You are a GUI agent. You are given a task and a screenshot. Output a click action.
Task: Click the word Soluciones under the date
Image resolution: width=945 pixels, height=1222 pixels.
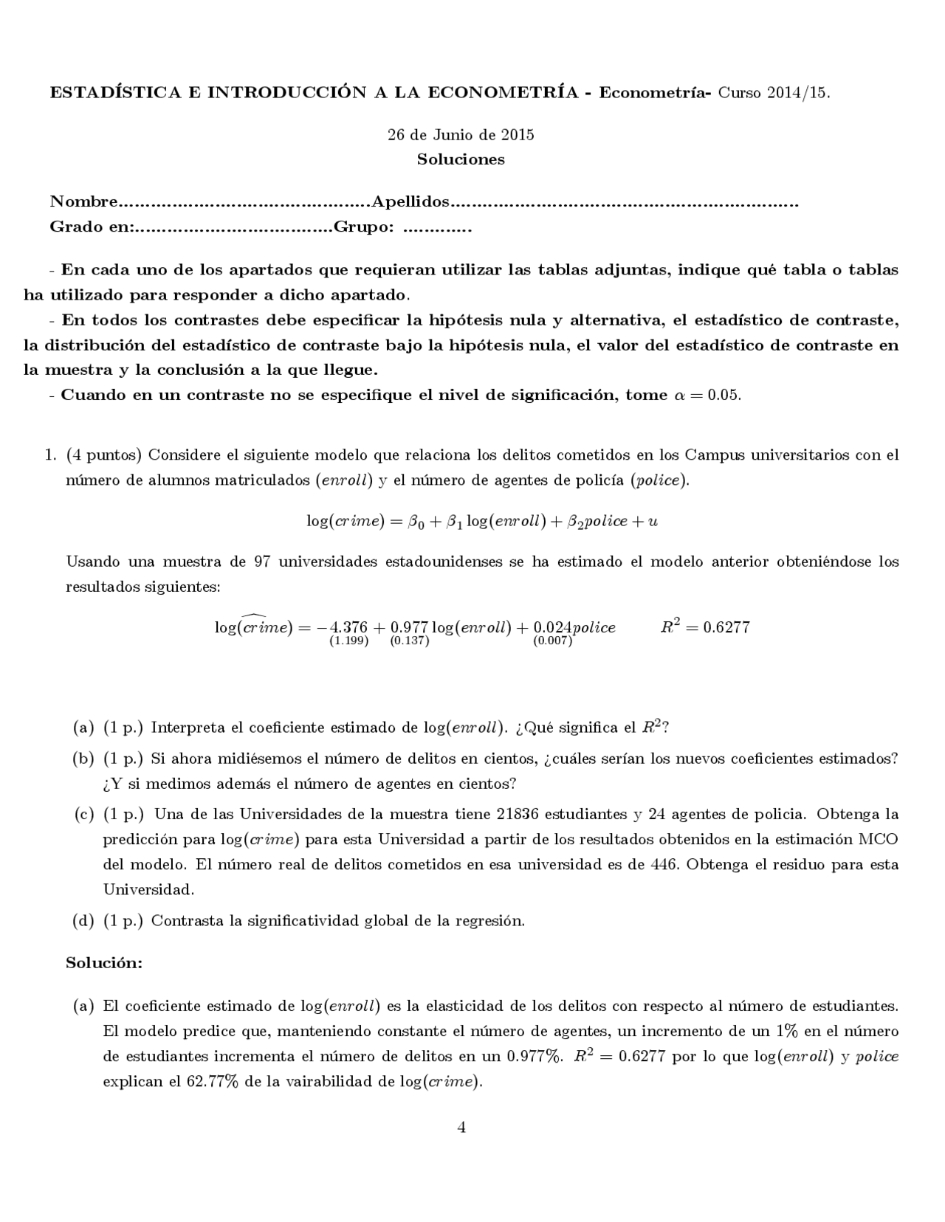461,159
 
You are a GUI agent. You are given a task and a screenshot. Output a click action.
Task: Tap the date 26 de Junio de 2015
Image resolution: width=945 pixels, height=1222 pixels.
461,135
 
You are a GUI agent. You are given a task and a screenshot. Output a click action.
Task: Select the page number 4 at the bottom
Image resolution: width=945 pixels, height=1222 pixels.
461,1127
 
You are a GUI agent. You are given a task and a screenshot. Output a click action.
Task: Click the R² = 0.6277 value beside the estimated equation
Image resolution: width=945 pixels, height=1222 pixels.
705,627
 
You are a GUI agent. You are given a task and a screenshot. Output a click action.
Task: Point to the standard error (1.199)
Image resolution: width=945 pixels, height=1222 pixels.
348,641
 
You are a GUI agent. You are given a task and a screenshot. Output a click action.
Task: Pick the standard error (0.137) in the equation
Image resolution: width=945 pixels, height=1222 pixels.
409,641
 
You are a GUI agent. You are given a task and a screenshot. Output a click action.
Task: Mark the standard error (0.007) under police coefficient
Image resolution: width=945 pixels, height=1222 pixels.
552,641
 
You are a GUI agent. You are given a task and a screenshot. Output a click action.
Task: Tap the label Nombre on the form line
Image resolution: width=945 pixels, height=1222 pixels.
83,202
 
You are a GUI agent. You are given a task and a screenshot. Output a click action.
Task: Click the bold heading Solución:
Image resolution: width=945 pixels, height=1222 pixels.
104,963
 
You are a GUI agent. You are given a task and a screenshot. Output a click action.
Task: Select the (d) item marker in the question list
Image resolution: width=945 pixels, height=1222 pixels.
83,920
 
